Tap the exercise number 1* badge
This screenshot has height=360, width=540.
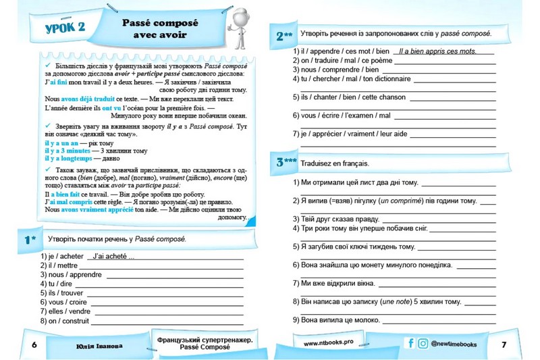point(29,240)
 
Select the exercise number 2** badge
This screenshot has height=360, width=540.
point(284,35)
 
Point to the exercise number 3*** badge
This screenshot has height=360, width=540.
point(286,162)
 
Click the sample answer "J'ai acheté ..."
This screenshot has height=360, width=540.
point(113,256)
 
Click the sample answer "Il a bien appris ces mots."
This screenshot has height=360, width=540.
point(437,51)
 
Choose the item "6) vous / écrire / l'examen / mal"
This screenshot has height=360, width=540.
point(342,115)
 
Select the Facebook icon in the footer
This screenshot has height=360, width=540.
point(410,343)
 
